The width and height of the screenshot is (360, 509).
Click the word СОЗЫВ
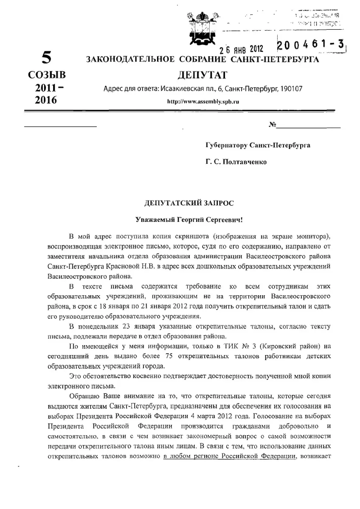(x=46, y=76)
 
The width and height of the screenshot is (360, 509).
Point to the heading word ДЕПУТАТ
(x=202, y=76)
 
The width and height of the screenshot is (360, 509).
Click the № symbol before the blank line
(x=273, y=125)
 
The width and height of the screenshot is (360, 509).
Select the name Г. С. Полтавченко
(x=236, y=162)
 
